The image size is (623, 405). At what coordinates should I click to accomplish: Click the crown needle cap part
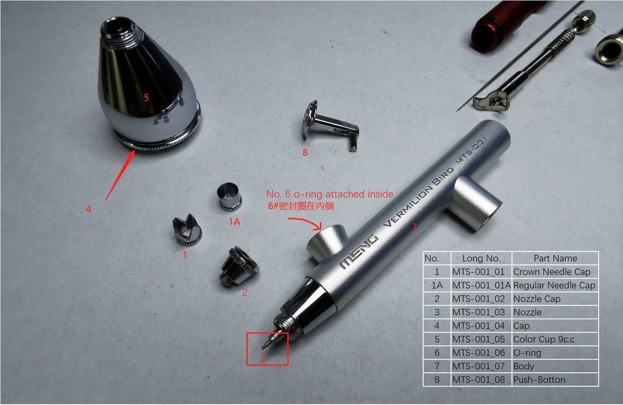pyautogui.click(x=187, y=231)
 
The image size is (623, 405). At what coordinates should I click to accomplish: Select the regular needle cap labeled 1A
pyautogui.click(x=229, y=197)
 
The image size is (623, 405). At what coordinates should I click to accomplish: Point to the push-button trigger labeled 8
pyautogui.click(x=329, y=125)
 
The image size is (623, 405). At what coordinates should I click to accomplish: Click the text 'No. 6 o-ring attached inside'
pyautogui.click(x=330, y=194)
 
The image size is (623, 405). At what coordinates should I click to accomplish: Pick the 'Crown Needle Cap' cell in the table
pyautogui.click(x=555, y=272)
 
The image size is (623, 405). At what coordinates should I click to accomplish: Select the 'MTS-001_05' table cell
pyautogui.click(x=481, y=339)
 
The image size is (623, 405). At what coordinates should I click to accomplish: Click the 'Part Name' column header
pyautogui.click(x=555, y=258)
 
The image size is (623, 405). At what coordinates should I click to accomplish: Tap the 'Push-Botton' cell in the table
pyautogui.click(x=555, y=379)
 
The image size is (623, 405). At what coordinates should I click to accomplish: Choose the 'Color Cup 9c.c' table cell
pyautogui.click(x=555, y=339)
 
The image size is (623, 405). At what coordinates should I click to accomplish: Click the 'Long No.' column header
pyautogui.click(x=481, y=258)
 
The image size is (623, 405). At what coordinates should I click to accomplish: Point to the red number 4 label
pyautogui.click(x=88, y=208)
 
